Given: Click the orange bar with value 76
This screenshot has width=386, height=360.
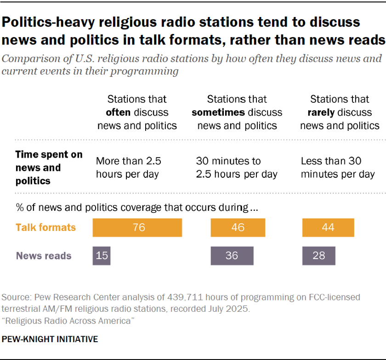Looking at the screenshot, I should (137, 228).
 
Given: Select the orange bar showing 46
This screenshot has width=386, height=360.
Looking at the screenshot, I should (238, 228).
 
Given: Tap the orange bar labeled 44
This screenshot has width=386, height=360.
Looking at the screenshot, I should (328, 228).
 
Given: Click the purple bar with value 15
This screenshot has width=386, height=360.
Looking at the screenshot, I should (102, 256).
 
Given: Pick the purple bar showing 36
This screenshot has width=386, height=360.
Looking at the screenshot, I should (232, 256).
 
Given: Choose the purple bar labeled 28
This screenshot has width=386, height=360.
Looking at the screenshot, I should (318, 256).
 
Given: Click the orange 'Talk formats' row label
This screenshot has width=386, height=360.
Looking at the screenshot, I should (45, 227).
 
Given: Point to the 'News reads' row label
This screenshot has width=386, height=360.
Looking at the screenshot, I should (44, 256).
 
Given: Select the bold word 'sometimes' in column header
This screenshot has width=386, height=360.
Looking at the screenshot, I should (218, 112).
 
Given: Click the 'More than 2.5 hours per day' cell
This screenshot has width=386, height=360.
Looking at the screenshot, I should (128, 168).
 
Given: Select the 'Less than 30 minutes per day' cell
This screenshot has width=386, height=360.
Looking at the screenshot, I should (338, 168).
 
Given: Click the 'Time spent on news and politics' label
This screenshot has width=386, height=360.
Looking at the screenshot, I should (49, 168).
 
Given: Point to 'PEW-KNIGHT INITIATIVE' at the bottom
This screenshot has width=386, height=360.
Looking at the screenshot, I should (50, 339).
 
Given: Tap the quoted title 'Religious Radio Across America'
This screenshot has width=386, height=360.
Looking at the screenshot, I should (68, 321).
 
